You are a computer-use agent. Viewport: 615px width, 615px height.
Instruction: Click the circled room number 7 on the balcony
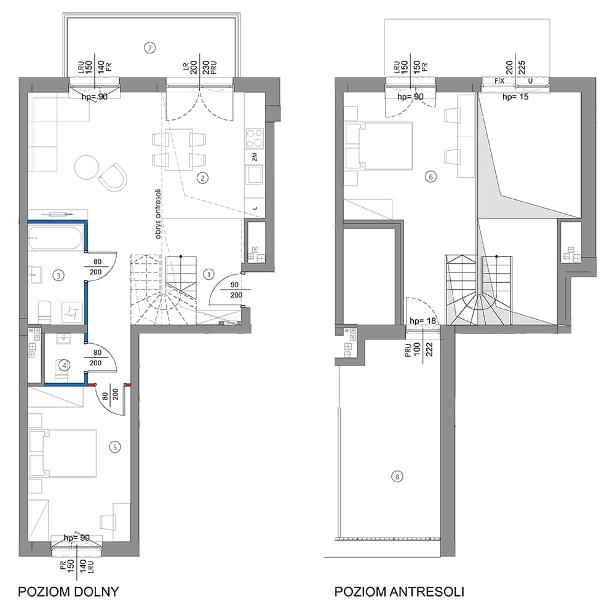[149, 48]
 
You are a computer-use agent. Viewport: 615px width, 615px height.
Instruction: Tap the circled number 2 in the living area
[202, 178]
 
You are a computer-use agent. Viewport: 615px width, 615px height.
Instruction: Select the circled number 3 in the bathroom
[58, 276]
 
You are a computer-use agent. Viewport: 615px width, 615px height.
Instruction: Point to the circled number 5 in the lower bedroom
[115, 446]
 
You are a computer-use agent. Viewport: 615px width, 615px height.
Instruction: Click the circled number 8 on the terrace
[397, 477]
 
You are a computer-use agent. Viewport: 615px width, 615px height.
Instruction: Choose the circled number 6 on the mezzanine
[430, 177]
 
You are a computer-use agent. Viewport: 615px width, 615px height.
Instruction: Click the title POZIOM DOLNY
[68, 592]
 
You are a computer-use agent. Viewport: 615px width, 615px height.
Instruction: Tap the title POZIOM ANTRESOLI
[399, 592]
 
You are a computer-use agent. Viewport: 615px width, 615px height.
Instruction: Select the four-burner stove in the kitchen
[254, 138]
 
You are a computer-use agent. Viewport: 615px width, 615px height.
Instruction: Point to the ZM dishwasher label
[255, 157]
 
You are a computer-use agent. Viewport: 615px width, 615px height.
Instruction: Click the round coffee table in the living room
[87, 167]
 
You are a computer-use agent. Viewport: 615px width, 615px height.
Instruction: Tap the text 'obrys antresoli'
[159, 214]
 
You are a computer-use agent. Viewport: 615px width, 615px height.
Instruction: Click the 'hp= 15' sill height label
[515, 97]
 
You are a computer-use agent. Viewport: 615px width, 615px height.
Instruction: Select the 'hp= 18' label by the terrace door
[423, 321]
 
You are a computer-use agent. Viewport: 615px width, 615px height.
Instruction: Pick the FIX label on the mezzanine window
[499, 81]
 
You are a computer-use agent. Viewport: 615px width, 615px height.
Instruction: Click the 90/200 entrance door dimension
[236, 290]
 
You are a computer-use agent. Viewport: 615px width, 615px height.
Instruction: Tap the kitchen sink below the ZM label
[254, 175]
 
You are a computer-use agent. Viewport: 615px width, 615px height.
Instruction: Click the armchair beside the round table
[113, 177]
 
